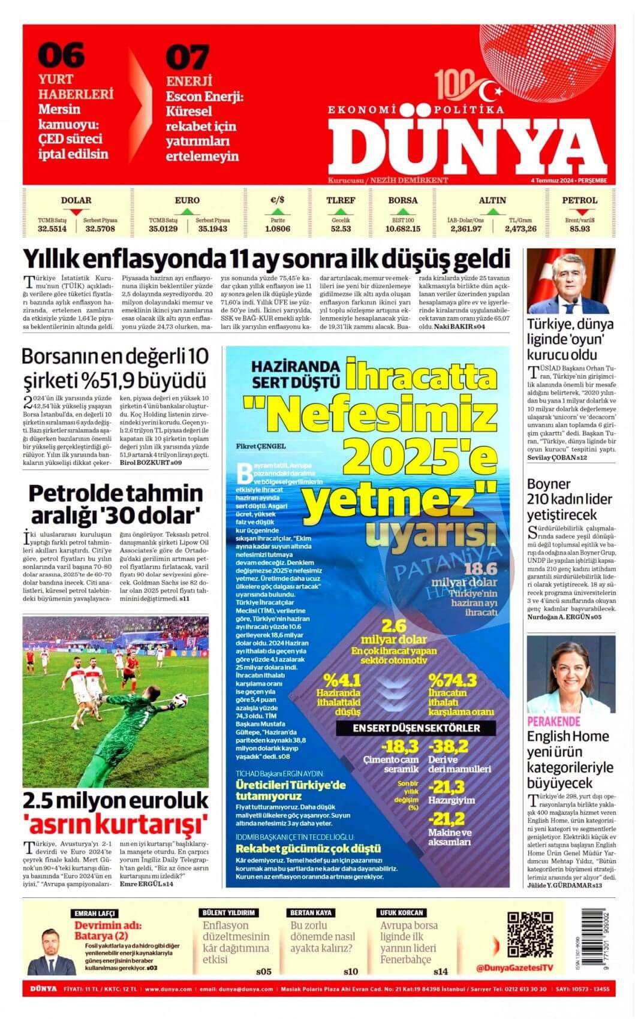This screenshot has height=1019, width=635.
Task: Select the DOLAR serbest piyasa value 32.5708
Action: click(100, 228)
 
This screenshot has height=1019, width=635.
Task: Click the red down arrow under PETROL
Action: click(579, 212)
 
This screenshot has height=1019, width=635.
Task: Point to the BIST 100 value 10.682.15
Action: click(402, 228)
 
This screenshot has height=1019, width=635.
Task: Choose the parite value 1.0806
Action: click(277, 228)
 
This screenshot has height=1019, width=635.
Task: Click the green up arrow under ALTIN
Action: click(492, 212)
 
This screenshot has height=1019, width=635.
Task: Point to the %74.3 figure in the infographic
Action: click(452, 680)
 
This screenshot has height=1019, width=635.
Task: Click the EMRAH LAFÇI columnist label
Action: click(94, 913)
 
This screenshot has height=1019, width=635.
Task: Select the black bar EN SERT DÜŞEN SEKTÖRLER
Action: click(424, 728)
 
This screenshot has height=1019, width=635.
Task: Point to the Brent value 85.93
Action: click(579, 228)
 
